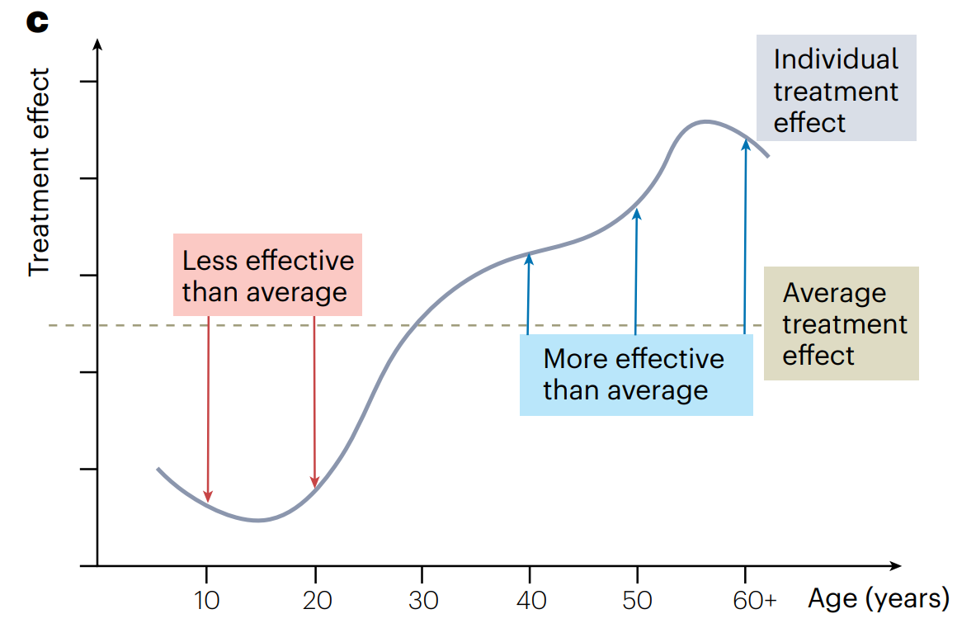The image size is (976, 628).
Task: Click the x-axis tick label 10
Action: point(207,600)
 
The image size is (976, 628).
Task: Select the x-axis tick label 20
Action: point(315,600)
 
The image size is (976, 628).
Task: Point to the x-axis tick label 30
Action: point(423,600)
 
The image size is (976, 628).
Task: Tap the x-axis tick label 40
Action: point(530,600)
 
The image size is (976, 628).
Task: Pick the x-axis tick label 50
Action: point(637,600)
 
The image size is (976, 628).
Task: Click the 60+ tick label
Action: point(755,600)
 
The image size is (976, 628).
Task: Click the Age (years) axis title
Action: point(878,598)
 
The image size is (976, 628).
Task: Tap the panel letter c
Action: point(37,22)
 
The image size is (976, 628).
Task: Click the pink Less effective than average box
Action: point(268,276)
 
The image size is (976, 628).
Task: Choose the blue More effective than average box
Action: point(635,374)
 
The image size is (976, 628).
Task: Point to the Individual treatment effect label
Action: point(835,91)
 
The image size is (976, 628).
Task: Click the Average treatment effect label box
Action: point(841,323)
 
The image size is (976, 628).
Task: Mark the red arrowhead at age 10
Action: point(208,496)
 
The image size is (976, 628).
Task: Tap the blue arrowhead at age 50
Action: point(636,214)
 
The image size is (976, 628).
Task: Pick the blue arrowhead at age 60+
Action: point(746,144)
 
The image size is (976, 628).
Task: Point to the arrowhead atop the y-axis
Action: point(98,44)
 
